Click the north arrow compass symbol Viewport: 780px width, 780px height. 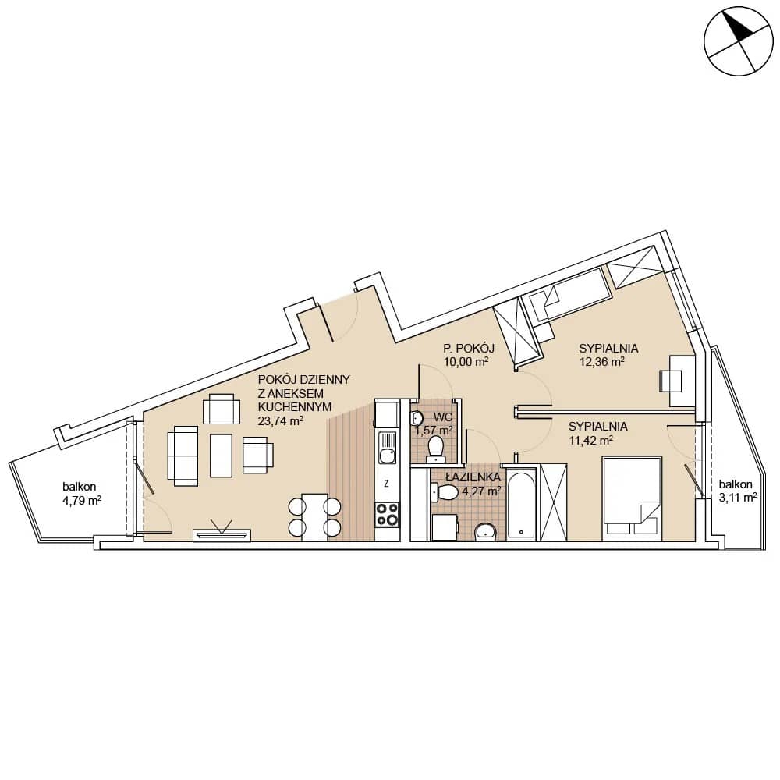739,41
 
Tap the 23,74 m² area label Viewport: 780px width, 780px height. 281,421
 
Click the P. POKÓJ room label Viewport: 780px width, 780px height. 469,348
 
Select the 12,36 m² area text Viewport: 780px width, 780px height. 602,362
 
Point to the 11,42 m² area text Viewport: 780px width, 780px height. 590,440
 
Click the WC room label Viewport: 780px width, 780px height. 443,417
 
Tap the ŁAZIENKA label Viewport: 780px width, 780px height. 473,477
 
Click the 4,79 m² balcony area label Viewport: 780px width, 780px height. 82,500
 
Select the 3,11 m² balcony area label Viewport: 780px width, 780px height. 738,496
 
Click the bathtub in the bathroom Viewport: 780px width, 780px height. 521,505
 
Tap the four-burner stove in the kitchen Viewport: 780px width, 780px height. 387,514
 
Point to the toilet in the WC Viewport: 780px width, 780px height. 436,447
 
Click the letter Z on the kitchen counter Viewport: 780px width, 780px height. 387,483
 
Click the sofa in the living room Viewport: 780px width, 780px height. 183,456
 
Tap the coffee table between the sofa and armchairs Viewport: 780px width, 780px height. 221,456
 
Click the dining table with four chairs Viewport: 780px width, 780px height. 315,516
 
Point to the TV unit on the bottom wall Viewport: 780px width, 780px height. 222,534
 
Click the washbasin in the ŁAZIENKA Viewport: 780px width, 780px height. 485,532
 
